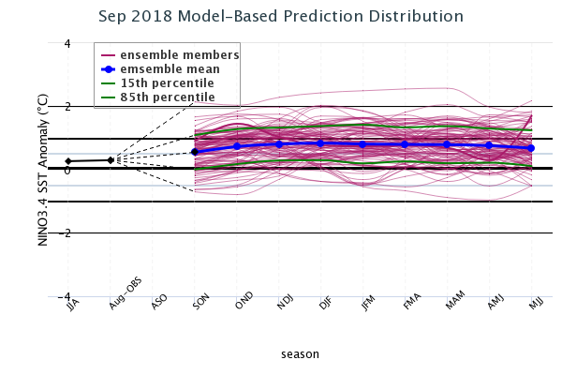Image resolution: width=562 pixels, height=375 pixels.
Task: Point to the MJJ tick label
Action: [535, 305]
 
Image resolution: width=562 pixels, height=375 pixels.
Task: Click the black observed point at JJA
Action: [68, 161]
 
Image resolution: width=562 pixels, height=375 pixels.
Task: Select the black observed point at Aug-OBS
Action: [111, 160]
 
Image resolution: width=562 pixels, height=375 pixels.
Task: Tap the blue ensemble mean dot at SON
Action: [195, 152]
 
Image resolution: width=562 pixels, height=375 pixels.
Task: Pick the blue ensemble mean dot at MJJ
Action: [531, 148]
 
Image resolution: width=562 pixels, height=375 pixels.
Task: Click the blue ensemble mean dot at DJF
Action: [320, 143]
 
